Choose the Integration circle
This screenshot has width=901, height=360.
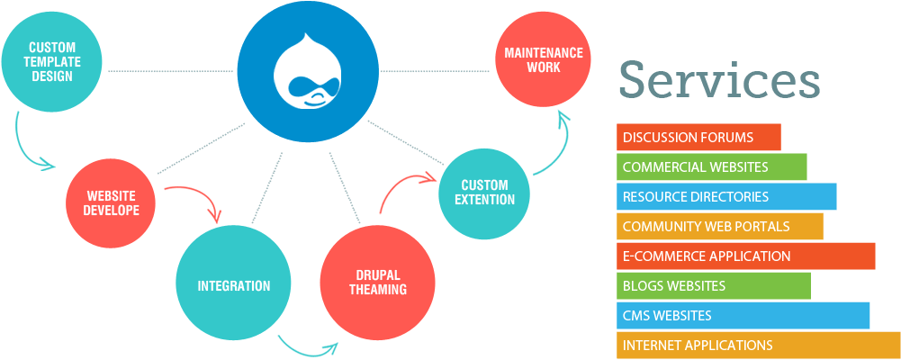click(233, 286)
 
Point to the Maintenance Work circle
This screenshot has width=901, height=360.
click(543, 60)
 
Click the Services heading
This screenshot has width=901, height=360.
click(718, 80)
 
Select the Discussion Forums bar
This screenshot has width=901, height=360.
click(698, 138)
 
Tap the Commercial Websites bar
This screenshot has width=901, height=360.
click(711, 167)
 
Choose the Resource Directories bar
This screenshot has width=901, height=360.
click(726, 196)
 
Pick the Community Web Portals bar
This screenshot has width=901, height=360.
click(719, 226)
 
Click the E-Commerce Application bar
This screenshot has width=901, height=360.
click(745, 256)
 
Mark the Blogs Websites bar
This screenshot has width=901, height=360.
click(713, 285)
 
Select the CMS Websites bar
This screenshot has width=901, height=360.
click(743, 315)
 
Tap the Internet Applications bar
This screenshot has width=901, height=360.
click(758, 345)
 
